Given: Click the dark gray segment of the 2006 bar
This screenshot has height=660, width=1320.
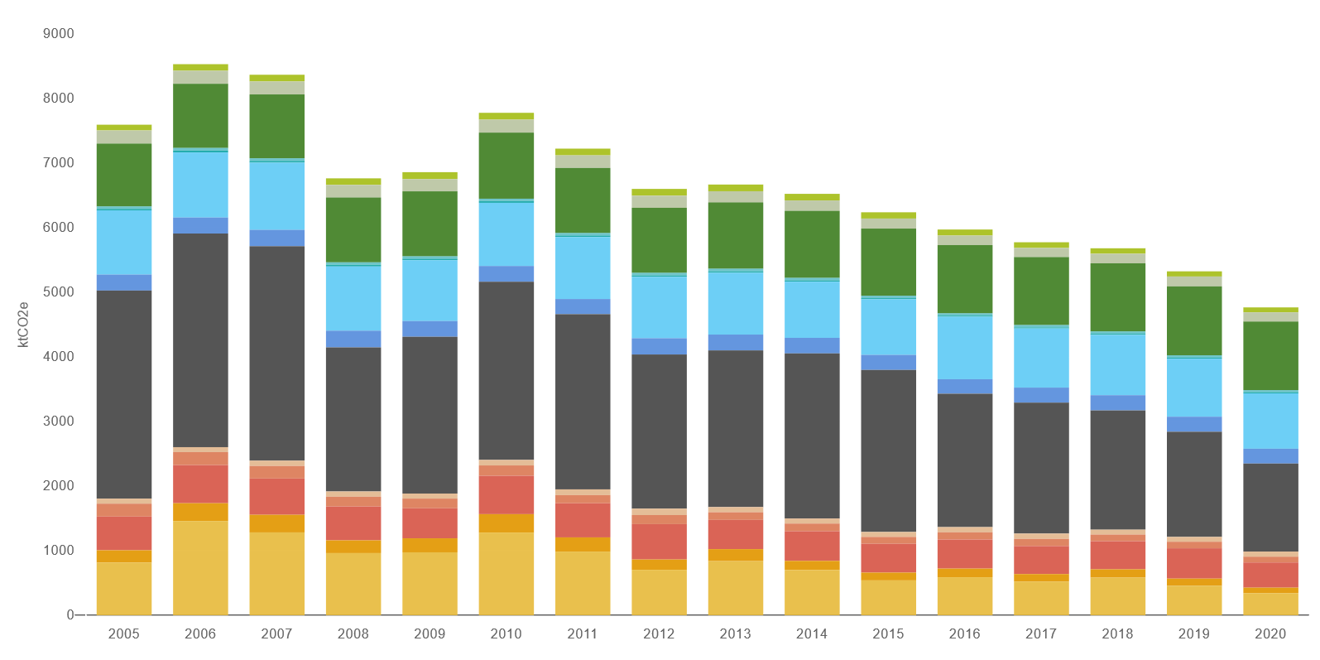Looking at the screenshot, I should [200, 340].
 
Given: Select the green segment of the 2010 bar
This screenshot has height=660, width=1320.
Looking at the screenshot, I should [506, 165].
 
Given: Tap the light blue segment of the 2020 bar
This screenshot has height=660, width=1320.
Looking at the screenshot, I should [1270, 420].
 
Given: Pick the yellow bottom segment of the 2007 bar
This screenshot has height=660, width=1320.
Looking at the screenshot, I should [276, 573].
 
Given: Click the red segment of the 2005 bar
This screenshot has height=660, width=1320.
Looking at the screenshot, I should [124, 533].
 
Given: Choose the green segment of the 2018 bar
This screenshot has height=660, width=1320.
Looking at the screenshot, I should [1117, 296].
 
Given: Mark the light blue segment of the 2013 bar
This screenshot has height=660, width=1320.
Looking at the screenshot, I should [735, 303].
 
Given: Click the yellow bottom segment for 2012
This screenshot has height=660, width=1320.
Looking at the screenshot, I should [659, 592].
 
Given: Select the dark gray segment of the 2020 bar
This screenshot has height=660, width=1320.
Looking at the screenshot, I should [1270, 507].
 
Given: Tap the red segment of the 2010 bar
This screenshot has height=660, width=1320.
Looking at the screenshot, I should [506, 494].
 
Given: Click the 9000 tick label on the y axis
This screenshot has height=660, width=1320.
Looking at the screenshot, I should [58, 34].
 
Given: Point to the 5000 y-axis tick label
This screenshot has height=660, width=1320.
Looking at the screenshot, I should [58, 292].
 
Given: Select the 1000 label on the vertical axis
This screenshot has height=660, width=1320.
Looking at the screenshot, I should [58, 551].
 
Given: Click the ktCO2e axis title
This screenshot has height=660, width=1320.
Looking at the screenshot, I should [23, 324].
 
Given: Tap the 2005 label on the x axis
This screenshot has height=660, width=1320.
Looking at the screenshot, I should [124, 634].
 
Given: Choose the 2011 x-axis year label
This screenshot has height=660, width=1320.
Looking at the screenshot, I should [583, 634].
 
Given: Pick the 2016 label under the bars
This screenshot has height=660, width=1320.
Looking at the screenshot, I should [964, 634].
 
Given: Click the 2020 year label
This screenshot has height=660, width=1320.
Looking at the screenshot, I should [1270, 634].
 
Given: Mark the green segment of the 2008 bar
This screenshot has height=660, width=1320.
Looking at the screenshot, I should [353, 229].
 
